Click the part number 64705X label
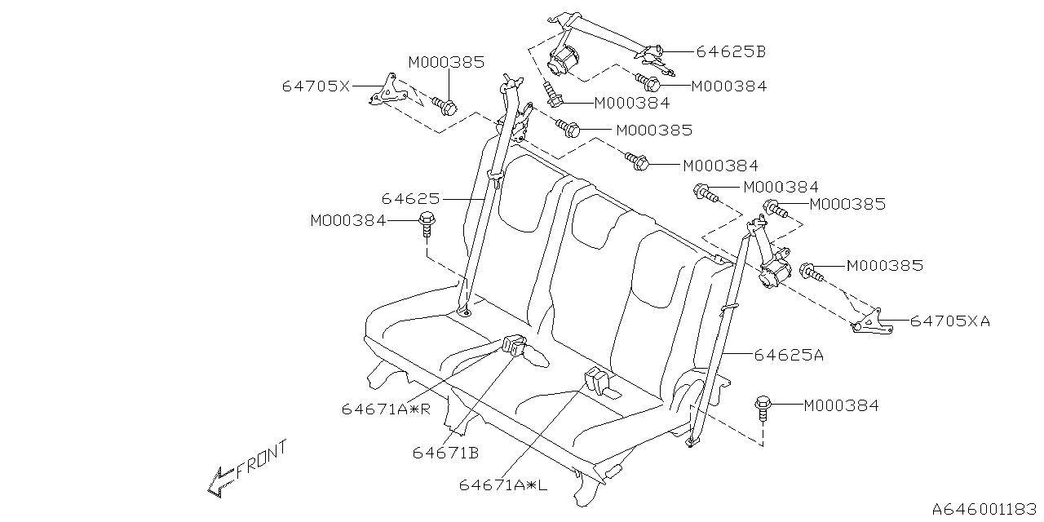pyautogui.click(x=316, y=85)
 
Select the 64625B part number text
pyautogui.click(x=731, y=51)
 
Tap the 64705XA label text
pyautogui.click(x=950, y=321)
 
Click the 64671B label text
pyautogui.click(x=445, y=452)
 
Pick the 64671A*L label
pyautogui.click(x=502, y=484)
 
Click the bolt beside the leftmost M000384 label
pyautogui.click(x=426, y=222)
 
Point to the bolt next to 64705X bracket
pyautogui.click(x=445, y=104)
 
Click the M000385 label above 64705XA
pyautogui.click(x=885, y=266)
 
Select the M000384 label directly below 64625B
pyautogui.click(x=728, y=86)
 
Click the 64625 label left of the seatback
pyautogui.click(x=410, y=198)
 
